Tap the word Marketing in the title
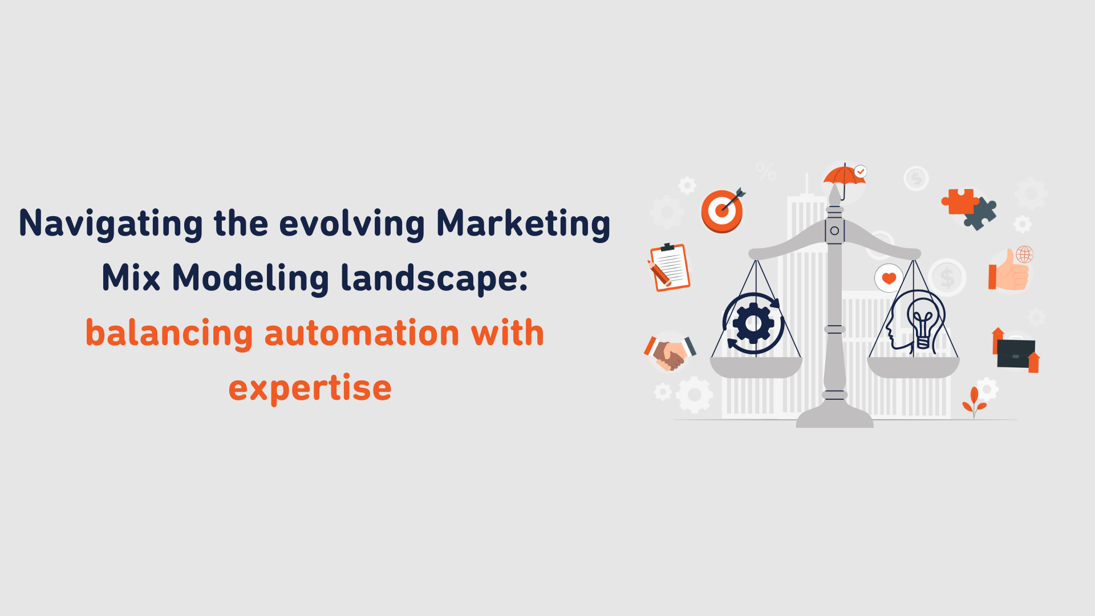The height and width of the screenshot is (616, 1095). coord(523,224)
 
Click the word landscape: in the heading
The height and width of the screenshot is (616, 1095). coord(434,278)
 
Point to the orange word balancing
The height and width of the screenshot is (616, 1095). coord(169,333)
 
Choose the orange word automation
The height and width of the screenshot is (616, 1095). coord(362,333)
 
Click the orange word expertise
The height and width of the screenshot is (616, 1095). coord(310,388)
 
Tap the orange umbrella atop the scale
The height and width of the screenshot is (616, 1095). coord(843,176)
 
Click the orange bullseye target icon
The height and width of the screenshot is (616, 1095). coord(722,211)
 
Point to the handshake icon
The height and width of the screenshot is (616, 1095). coord(670,353)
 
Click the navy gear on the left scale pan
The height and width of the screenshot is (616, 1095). coord(753,323)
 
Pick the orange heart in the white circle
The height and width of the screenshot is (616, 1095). coord(889,278)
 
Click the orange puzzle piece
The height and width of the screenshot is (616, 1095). coord(960,201)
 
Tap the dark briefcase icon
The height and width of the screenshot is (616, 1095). coord(1016,353)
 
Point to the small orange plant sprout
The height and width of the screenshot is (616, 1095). coord(974,400)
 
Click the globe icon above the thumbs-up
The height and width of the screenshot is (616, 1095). coord(1024,254)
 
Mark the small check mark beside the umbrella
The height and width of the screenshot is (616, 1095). coord(861,171)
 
